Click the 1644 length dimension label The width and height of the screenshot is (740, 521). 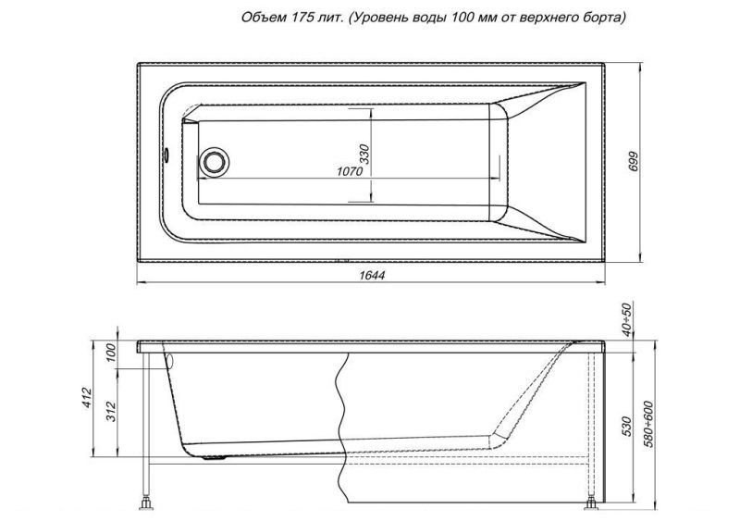(370, 275)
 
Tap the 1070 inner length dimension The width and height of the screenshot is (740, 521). (348, 172)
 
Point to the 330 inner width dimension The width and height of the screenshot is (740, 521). (364, 154)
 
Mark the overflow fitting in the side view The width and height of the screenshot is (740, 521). (169, 359)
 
